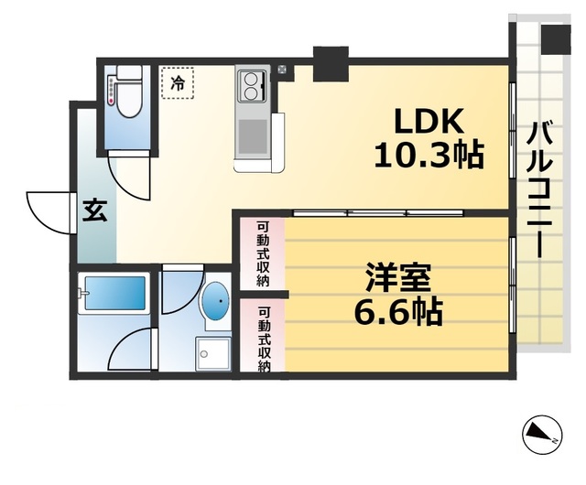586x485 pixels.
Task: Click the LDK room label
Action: coord(429,120)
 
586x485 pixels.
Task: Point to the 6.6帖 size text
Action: coord(398,312)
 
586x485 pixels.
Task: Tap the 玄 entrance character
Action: coord(94,210)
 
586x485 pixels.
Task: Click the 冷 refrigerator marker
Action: coord(179,83)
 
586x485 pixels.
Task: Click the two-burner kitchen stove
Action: coord(251,87)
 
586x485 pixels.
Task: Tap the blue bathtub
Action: coord(113,295)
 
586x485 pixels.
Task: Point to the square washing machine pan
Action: coord(213,352)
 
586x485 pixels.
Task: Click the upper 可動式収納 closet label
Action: coord(263,253)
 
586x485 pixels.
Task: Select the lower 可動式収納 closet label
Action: coord(263,337)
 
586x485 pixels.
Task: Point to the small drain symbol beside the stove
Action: coord(281,68)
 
